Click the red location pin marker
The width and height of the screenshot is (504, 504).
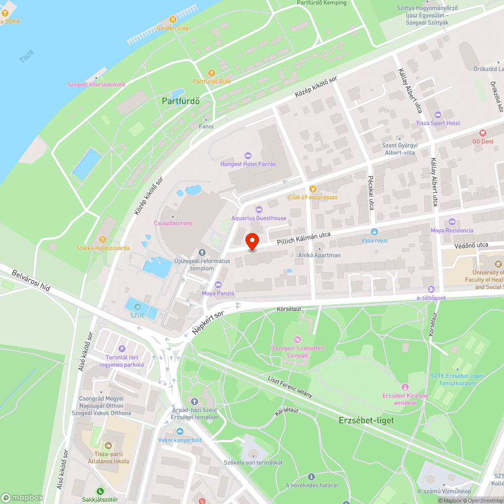tap(253, 241)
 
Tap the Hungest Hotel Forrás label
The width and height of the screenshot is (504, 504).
tap(247, 164)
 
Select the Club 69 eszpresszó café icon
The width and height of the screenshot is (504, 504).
tap(313, 189)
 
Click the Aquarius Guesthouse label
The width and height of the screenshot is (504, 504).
tap(259, 218)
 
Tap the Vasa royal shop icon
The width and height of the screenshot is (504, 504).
tap(374, 232)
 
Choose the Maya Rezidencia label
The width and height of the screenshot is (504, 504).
tap(452, 230)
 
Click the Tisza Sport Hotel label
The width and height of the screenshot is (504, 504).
tap(438, 123)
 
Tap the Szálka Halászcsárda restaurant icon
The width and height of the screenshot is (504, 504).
tap(103, 239)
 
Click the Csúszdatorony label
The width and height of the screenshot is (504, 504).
tap(173, 223)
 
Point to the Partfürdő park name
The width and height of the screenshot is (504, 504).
tap(180, 101)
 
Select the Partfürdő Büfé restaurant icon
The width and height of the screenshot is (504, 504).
tap(211, 73)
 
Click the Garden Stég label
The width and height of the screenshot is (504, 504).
tap(172, 28)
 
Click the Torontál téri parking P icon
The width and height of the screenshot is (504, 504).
tap(121, 349)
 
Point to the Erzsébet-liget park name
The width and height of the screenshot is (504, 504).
tap(366, 420)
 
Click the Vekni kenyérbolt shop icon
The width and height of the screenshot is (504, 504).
tap(180, 431)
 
